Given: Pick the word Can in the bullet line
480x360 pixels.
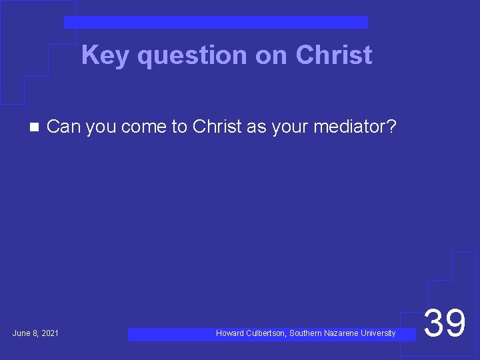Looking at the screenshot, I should pyautogui.click(x=64, y=126).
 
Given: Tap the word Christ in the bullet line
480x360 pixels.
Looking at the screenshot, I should pyautogui.click(x=217, y=126).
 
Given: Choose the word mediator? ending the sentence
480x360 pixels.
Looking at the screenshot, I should pyautogui.click(x=357, y=126).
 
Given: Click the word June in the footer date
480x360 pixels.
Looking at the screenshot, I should pyautogui.click(x=21, y=333).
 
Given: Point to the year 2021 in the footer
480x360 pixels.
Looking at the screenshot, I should pyautogui.click(x=49, y=333).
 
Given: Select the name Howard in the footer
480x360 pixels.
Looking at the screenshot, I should pyautogui.click(x=230, y=333).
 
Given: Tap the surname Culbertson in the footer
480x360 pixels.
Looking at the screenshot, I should pyautogui.click(x=265, y=333).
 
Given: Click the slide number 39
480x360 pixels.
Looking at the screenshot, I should pyautogui.click(x=445, y=323).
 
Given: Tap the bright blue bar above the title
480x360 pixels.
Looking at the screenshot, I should pyautogui.click(x=215, y=23).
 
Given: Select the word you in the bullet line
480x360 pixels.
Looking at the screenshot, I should pyautogui.click(x=101, y=127).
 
